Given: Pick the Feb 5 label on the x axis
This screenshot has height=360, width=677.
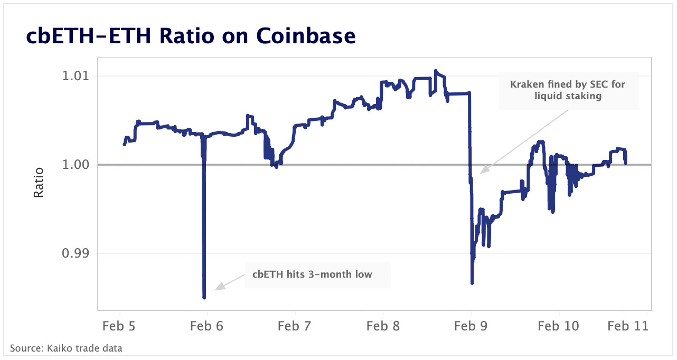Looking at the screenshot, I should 119,326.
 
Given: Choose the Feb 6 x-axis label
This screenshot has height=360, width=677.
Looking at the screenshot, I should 207,326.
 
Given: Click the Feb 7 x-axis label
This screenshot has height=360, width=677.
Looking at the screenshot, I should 295,326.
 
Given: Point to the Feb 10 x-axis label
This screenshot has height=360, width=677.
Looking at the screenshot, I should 558,326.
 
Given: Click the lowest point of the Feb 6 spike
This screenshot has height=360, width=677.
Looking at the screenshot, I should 204,298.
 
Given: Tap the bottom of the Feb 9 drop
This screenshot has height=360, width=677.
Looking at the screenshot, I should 472,283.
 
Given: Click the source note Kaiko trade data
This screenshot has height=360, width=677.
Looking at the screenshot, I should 66,348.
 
